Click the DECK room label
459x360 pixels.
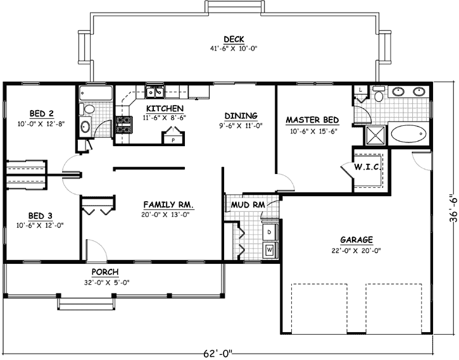[x=234, y=39]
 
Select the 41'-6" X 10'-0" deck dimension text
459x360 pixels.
[x=234, y=48]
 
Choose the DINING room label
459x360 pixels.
[x=241, y=116]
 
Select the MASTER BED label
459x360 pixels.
[x=312, y=120]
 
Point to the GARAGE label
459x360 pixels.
[x=356, y=240]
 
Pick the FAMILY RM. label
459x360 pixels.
[x=168, y=205]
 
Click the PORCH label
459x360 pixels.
[x=105, y=273]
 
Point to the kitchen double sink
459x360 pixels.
[x=154, y=94]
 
